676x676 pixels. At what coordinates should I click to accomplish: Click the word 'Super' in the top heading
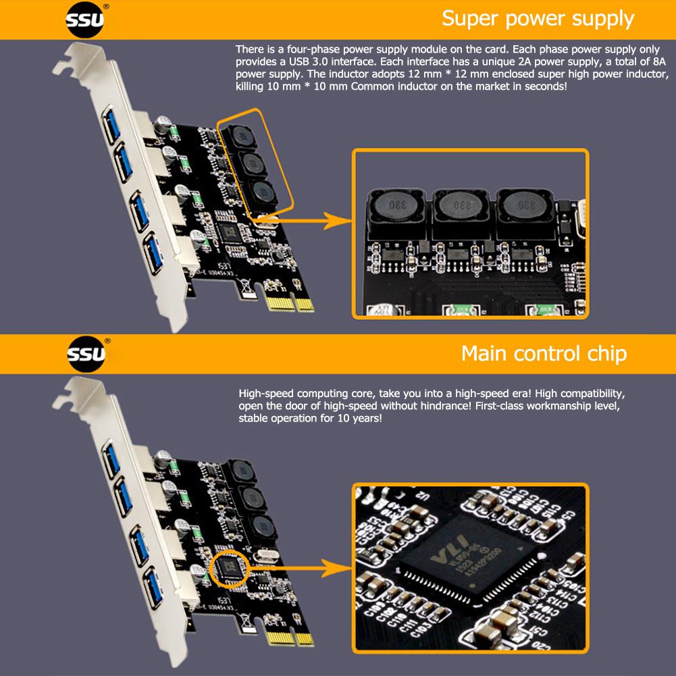point(471,18)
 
